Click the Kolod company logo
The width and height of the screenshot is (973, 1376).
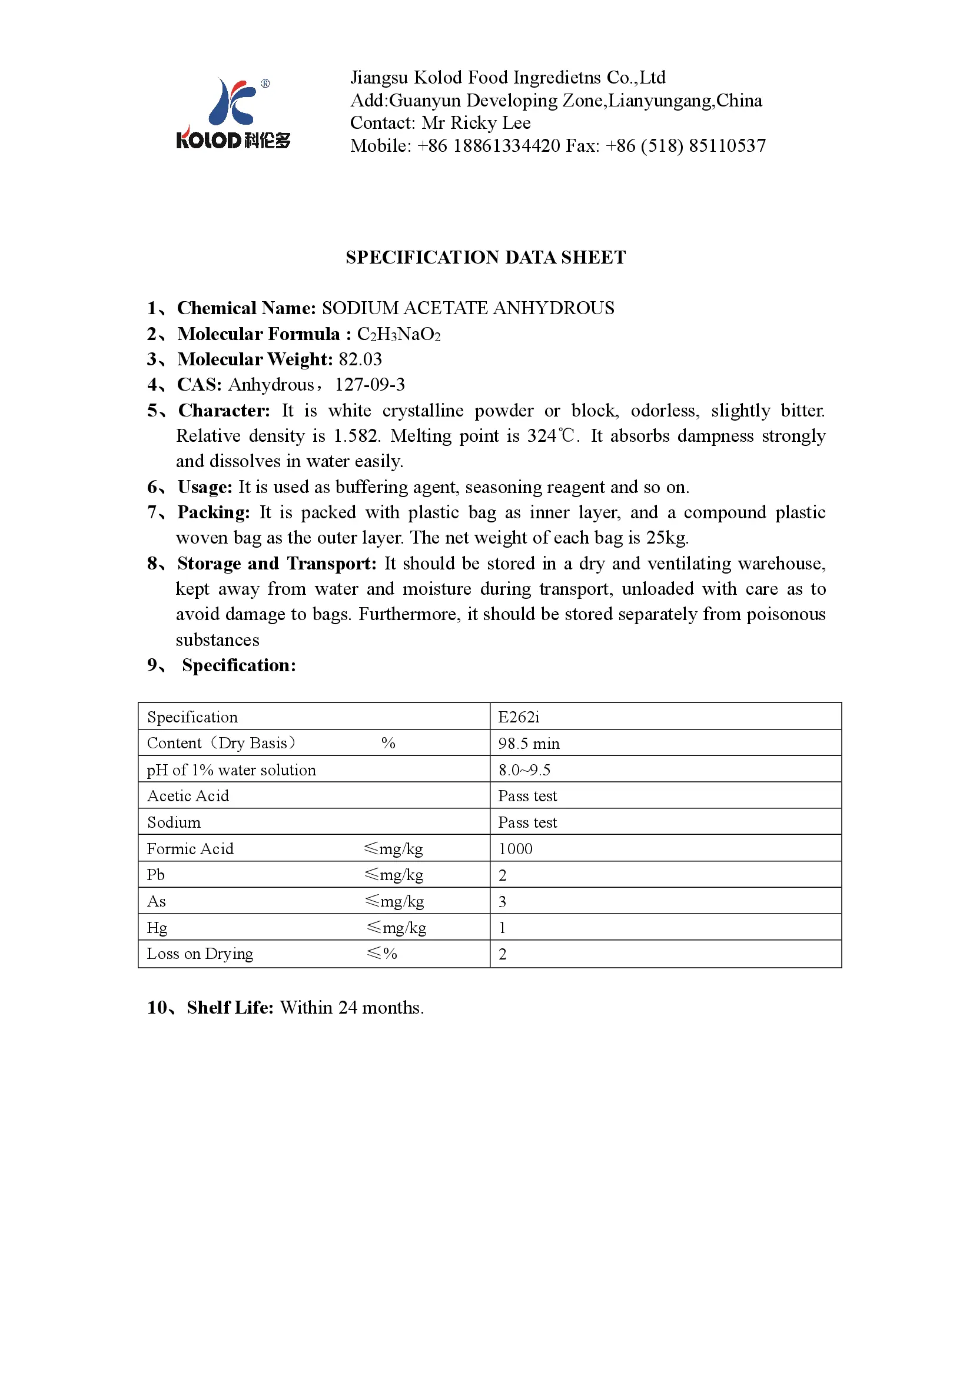click(x=233, y=114)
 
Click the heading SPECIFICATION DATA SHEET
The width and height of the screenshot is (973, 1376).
click(x=486, y=257)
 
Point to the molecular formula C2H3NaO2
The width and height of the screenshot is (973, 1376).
click(x=399, y=334)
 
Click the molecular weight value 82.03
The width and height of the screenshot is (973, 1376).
click(x=360, y=359)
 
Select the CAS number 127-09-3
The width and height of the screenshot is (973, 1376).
click(x=370, y=384)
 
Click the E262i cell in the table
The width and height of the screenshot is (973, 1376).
click(x=519, y=717)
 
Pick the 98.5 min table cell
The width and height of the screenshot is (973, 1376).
click(x=529, y=743)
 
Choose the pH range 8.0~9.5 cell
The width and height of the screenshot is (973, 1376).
click(x=524, y=769)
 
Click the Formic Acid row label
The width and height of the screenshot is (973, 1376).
click(x=190, y=849)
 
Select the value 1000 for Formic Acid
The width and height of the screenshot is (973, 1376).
click(x=515, y=849)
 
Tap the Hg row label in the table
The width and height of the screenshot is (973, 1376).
click(x=157, y=927)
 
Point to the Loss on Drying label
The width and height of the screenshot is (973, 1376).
click(x=200, y=954)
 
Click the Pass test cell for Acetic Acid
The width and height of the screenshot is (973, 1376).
click(x=527, y=796)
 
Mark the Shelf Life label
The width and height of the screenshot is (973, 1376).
click(x=230, y=1007)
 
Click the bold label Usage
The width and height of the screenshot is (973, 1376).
click(x=204, y=487)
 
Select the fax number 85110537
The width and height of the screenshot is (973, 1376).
click(x=726, y=146)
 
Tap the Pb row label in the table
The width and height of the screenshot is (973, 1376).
click(x=156, y=874)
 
